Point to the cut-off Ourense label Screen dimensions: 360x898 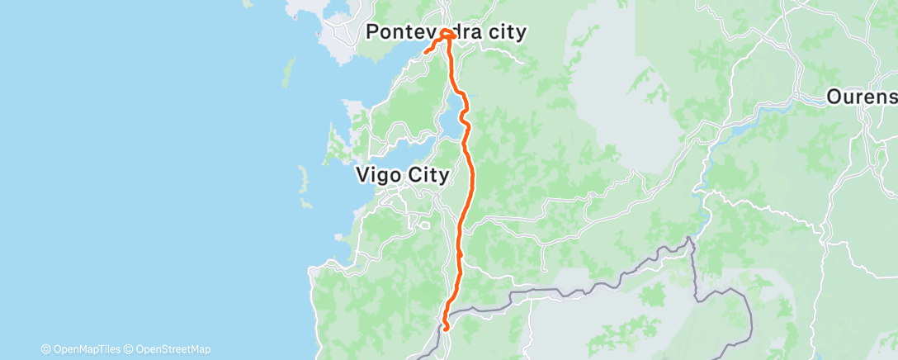(x=863, y=97)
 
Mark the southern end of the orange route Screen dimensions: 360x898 (x=446, y=328)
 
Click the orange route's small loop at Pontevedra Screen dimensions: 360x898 (x=447, y=35)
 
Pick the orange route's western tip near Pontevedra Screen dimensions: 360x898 (x=426, y=53)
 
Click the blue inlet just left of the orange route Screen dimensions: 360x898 (x=451, y=124)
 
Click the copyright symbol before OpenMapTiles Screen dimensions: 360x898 (x=45, y=349)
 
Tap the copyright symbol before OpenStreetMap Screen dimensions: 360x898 (x=129, y=349)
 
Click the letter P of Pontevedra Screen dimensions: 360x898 (x=372, y=32)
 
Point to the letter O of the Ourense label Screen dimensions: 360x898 (x=835, y=97)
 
